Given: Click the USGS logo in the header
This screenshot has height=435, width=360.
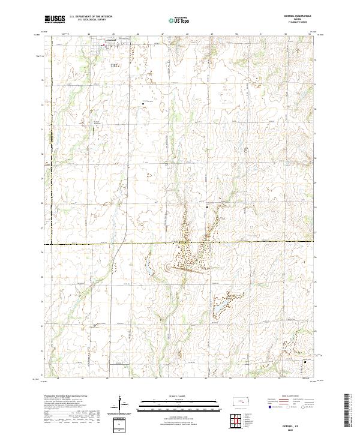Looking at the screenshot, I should pos(55,19).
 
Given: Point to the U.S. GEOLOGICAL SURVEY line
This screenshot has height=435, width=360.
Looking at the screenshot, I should pos(91,20).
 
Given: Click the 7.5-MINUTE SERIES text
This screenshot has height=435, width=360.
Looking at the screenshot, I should pos(293,24).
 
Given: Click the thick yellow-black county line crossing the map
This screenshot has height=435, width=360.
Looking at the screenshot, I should pos(180,244).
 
